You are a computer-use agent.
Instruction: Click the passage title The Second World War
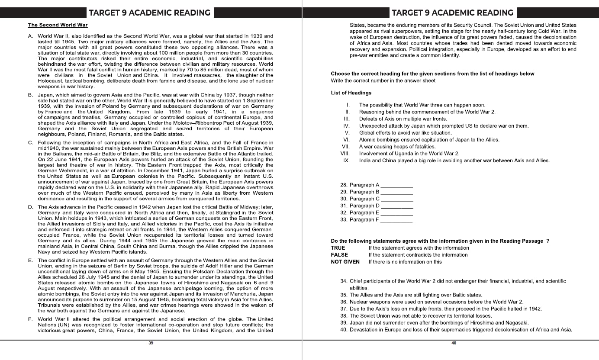coord(58,25)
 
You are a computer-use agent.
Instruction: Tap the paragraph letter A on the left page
coord(30,36)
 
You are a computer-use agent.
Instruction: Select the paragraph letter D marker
coord(30,207)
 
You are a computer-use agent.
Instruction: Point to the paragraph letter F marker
coord(30,320)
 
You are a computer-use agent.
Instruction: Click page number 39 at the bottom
coord(151,343)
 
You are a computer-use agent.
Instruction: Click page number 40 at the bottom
coord(454,343)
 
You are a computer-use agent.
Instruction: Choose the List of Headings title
coord(351,93)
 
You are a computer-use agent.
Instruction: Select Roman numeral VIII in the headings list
coord(345,154)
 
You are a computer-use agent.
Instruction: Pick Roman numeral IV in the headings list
coord(346,126)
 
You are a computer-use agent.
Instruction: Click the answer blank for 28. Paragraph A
coord(396,185)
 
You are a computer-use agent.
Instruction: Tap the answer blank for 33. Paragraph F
coord(396,220)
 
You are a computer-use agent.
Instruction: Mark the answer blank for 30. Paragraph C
coord(396,199)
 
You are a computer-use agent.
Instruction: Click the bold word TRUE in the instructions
coord(338,248)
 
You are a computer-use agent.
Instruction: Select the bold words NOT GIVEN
coord(345,262)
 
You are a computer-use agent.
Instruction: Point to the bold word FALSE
coord(339,255)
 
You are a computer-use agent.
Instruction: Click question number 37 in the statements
coord(344,309)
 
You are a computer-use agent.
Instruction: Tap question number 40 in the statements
coord(344,330)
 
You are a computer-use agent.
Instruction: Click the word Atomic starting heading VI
coord(367,140)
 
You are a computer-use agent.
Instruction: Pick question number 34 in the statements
coord(344,281)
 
